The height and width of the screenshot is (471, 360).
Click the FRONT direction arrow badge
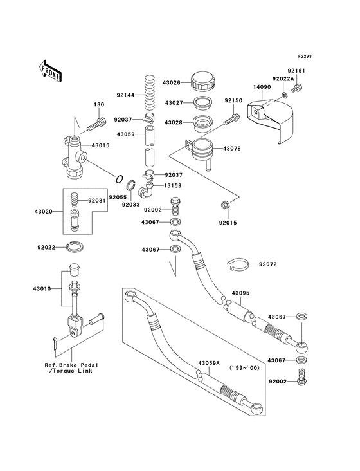point(51,70)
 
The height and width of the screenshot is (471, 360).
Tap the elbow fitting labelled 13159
point(148,189)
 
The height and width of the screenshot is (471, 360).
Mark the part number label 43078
point(233,149)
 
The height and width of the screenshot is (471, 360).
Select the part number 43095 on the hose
point(241,293)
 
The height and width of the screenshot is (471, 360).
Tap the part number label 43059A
point(209,363)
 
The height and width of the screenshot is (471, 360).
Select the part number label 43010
point(37,290)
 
